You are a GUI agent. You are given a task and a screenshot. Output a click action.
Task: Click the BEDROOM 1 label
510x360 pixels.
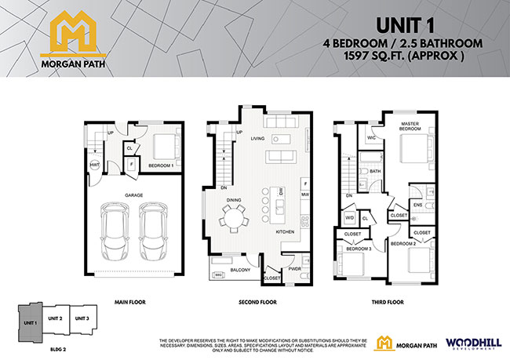coord(161,166)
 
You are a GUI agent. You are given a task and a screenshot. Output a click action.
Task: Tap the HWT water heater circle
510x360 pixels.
coord(94,165)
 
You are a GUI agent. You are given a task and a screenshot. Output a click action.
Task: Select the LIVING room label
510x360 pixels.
coord(257,139)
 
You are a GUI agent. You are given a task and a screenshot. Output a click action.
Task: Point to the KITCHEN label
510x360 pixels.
coord(285,233)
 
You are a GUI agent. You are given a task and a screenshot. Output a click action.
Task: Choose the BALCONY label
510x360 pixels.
coord(240,270)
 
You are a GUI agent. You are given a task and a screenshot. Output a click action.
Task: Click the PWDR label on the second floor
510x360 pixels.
coord(295,268)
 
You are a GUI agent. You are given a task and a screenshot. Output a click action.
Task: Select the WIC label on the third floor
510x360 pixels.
coord(372,138)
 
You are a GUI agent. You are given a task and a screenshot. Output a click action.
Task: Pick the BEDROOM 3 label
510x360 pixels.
coord(359,249)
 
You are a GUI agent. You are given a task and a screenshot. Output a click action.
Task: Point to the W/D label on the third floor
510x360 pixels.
coord(350,218)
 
